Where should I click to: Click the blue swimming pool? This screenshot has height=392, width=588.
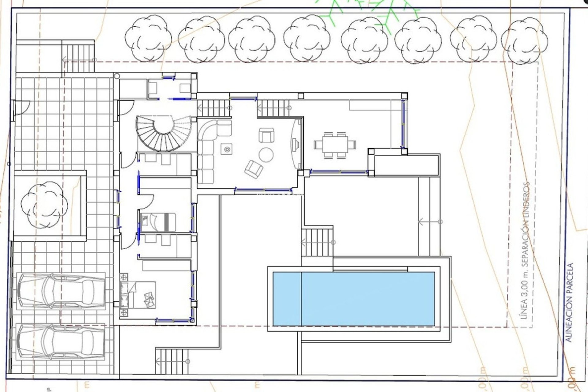354,299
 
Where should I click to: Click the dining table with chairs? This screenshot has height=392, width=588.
335,145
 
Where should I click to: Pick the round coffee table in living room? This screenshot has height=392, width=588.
266,155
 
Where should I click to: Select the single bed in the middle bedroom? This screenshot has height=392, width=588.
158,222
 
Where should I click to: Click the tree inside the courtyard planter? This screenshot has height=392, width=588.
44,205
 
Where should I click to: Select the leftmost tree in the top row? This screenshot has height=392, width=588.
148,38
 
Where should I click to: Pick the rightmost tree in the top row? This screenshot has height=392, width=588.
524,40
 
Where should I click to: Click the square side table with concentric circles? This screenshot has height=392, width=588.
227,149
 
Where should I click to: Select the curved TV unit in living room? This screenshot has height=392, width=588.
296,144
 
